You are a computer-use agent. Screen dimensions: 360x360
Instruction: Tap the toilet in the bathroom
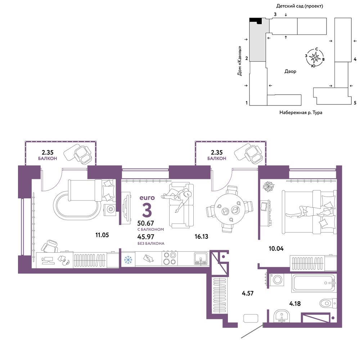click(328, 303)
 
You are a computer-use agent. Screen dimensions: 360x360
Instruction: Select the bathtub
click(314, 283)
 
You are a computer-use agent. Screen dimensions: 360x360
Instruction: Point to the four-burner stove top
click(170, 258)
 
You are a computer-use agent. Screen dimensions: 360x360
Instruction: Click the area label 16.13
click(201, 237)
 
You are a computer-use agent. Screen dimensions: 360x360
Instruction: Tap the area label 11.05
click(102, 235)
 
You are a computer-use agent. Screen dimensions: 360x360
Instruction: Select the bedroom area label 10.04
click(276, 248)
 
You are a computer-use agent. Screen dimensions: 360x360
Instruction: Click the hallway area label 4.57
click(248, 293)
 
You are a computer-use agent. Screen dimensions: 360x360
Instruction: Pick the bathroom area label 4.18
click(295, 303)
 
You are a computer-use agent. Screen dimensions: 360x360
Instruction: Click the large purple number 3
click(147, 210)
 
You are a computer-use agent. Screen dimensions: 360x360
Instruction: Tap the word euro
click(147, 198)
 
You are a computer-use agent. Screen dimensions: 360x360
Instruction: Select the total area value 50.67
click(145, 223)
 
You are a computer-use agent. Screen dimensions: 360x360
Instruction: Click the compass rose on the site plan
click(315, 57)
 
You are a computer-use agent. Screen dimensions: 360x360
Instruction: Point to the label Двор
click(290, 71)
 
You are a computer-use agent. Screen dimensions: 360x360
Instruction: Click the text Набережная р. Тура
click(301, 112)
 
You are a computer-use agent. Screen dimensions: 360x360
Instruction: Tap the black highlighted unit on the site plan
click(256, 21)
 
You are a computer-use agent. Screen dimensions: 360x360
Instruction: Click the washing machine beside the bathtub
click(277, 279)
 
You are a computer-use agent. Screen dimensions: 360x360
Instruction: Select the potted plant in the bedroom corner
click(269, 186)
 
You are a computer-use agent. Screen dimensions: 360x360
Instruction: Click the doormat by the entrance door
click(251, 318)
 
